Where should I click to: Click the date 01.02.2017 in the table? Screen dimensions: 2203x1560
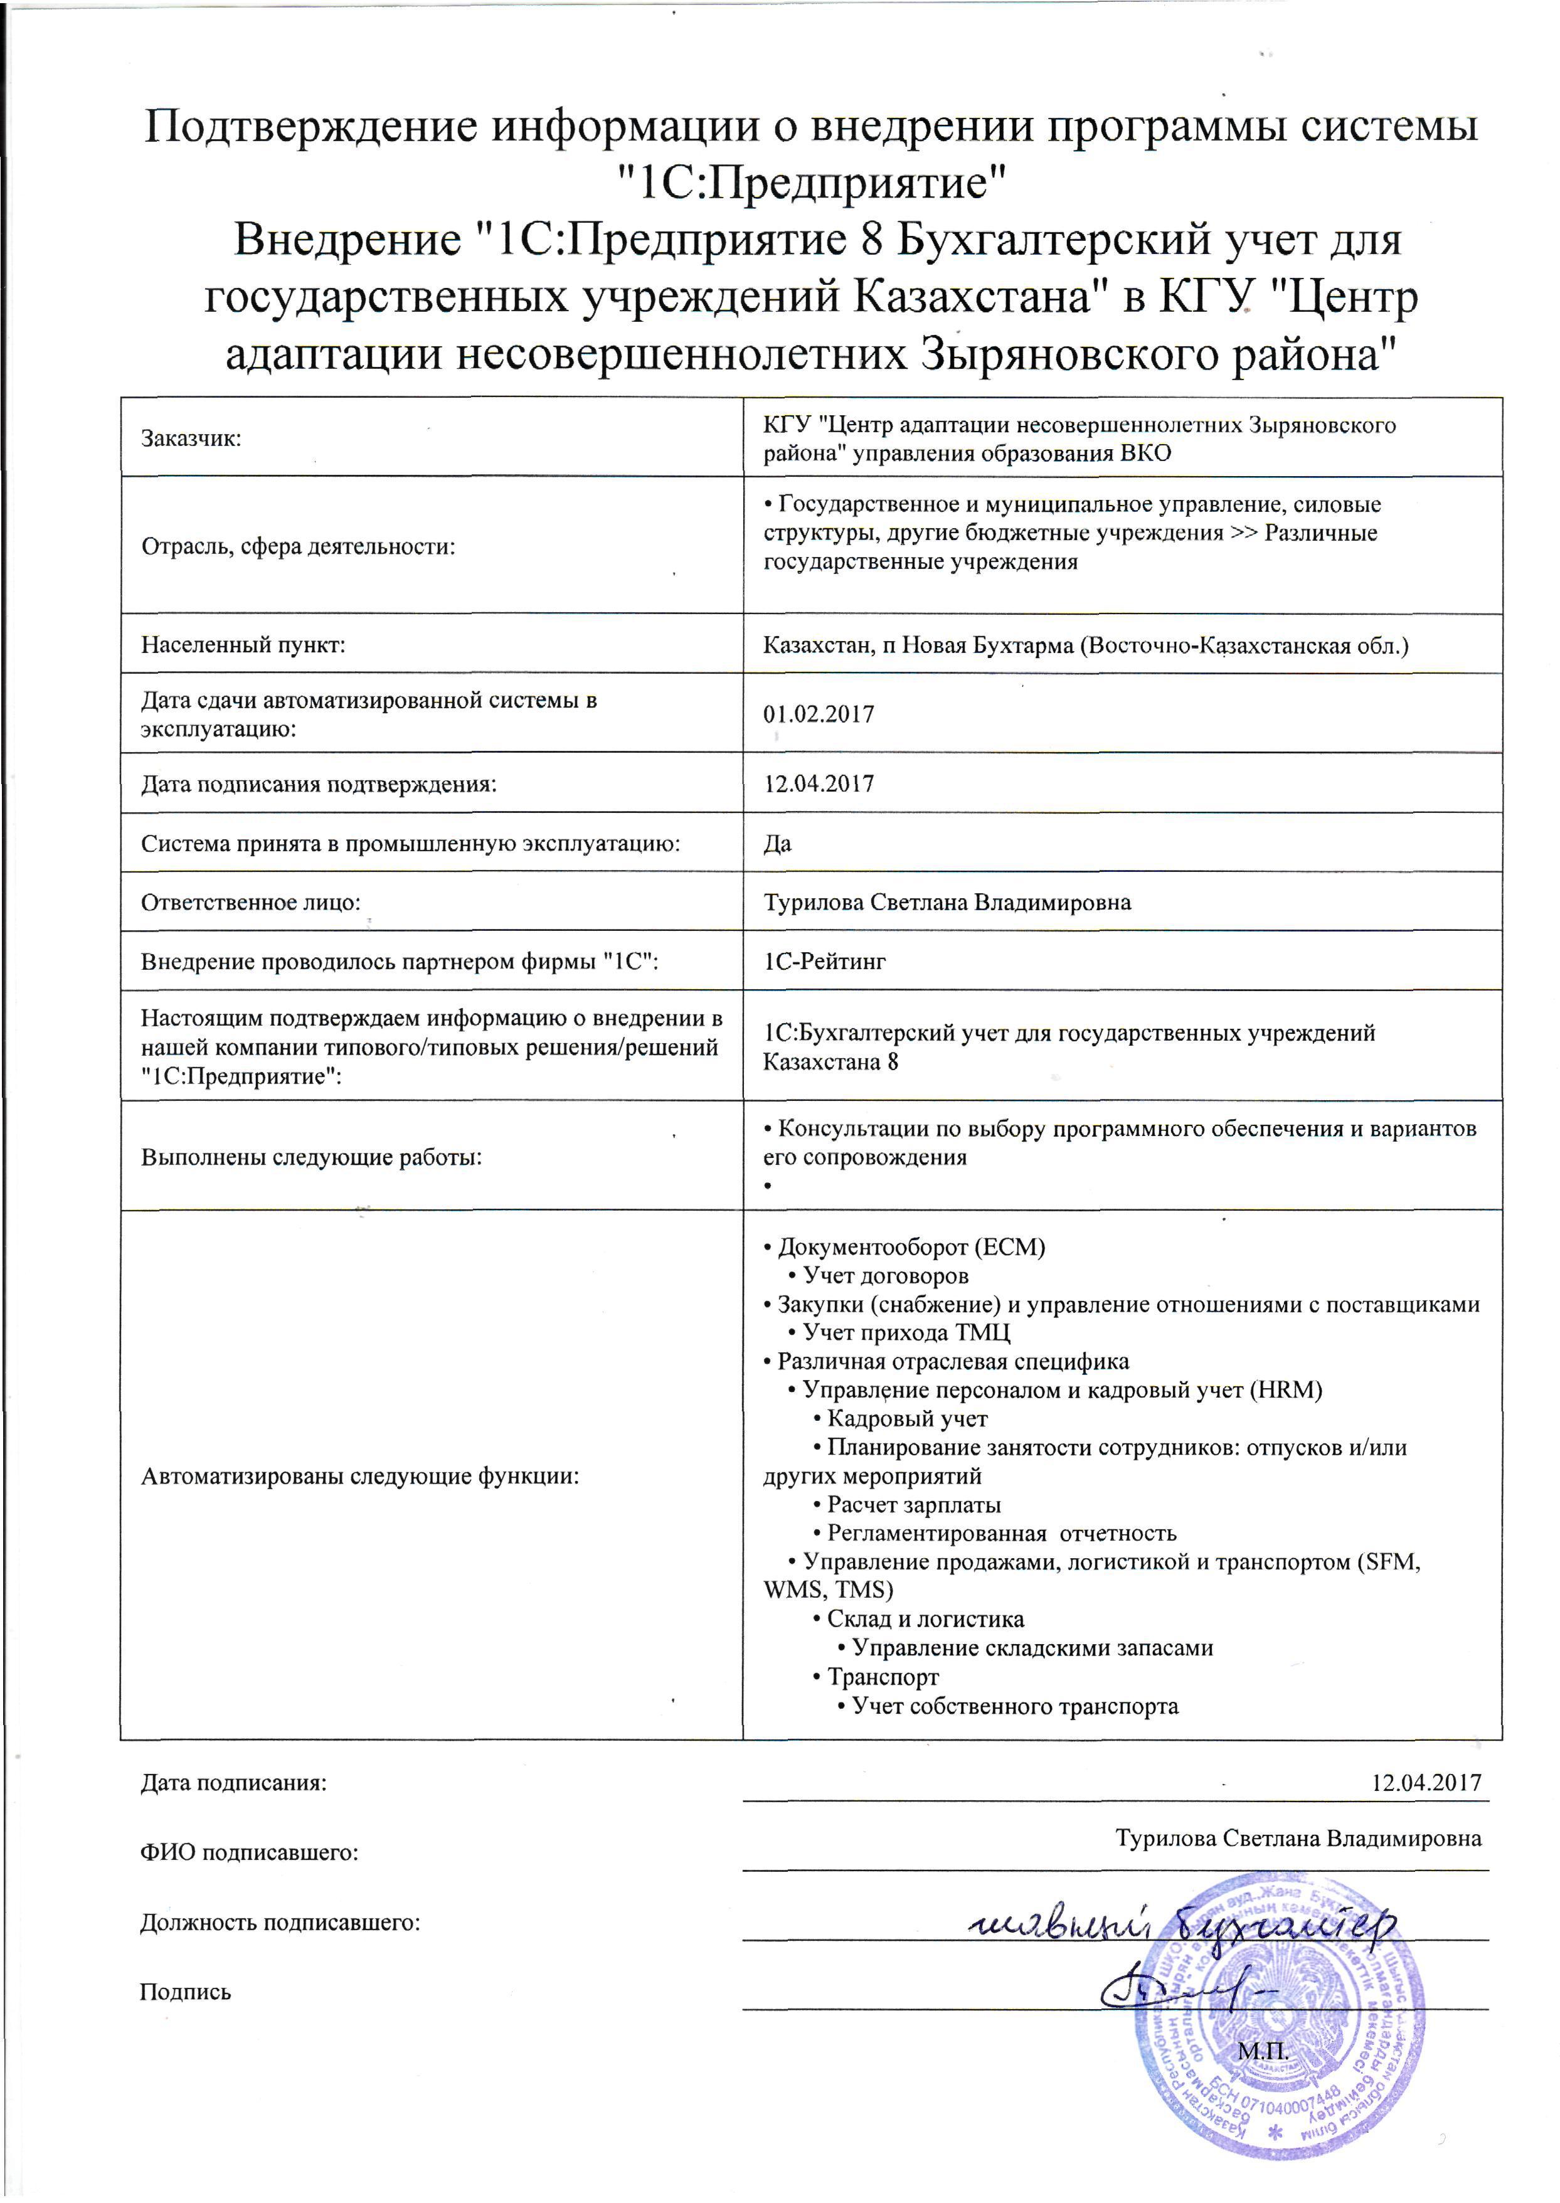click(x=819, y=714)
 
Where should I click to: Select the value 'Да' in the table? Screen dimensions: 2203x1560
click(x=777, y=844)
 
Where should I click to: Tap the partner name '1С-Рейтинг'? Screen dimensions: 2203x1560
click(x=824, y=960)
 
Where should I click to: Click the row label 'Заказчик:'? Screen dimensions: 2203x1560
click(x=191, y=439)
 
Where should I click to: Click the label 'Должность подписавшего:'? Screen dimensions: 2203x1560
click(x=280, y=1923)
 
